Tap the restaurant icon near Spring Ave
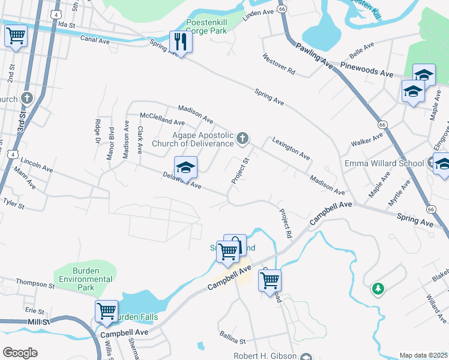(x=179, y=41)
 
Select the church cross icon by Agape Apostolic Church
(x=243, y=139)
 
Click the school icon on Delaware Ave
(x=185, y=167)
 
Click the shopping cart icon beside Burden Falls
(x=106, y=311)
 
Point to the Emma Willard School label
(x=384, y=163)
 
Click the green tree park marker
(x=378, y=289)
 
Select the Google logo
(x=20, y=353)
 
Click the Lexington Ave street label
(x=291, y=148)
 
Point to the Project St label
(x=240, y=171)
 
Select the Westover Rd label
(x=279, y=65)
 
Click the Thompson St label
(x=35, y=284)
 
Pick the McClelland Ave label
(x=162, y=118)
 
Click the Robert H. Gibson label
(x=265, y=356)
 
